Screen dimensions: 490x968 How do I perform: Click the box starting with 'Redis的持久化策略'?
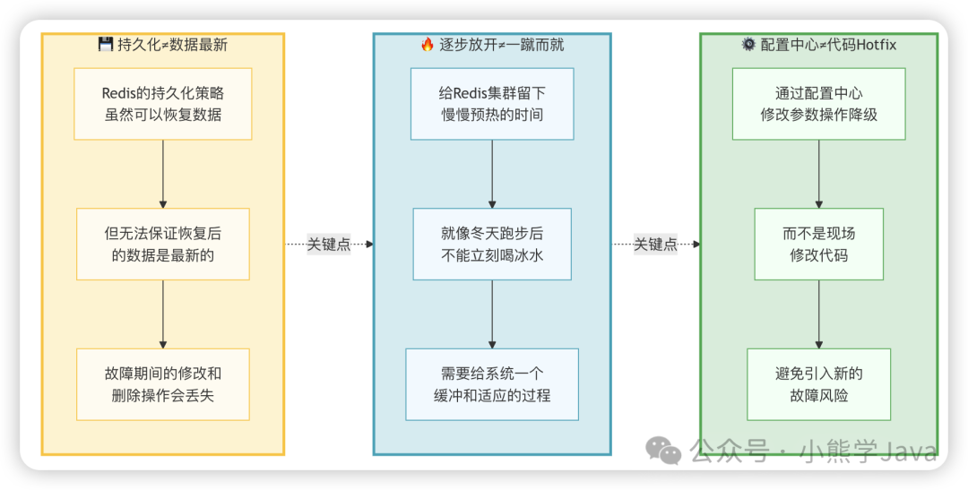[162, 104]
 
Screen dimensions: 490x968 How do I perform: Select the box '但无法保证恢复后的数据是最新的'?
[162, 244]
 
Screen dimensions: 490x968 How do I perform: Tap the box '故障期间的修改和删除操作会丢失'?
[162, 384]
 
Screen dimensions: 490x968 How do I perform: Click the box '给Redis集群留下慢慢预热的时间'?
[492, 104]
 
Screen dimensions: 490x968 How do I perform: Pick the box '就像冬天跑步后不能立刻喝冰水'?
[492, 244]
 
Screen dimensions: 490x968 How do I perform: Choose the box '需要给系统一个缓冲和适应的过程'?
[492, 384]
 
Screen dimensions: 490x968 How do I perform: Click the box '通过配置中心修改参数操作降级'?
[818, 104]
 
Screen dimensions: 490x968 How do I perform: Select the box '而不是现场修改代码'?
[818, 244]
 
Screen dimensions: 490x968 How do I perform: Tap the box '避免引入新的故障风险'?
[818, 384]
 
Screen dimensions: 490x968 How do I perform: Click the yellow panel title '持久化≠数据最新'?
[173, 45]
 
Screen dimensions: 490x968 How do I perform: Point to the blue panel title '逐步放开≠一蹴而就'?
[501, 45]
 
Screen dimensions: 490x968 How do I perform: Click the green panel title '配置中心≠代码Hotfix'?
[828, 45]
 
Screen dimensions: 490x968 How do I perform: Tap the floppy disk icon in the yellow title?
[105, 45]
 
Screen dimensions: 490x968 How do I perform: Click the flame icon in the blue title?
[428, 45]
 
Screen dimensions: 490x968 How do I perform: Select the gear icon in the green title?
[748, 45]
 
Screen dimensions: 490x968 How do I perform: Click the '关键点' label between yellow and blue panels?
[329, 244]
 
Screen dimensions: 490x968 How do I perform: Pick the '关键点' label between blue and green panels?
[656, 244]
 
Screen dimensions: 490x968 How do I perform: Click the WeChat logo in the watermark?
[664, 451]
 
